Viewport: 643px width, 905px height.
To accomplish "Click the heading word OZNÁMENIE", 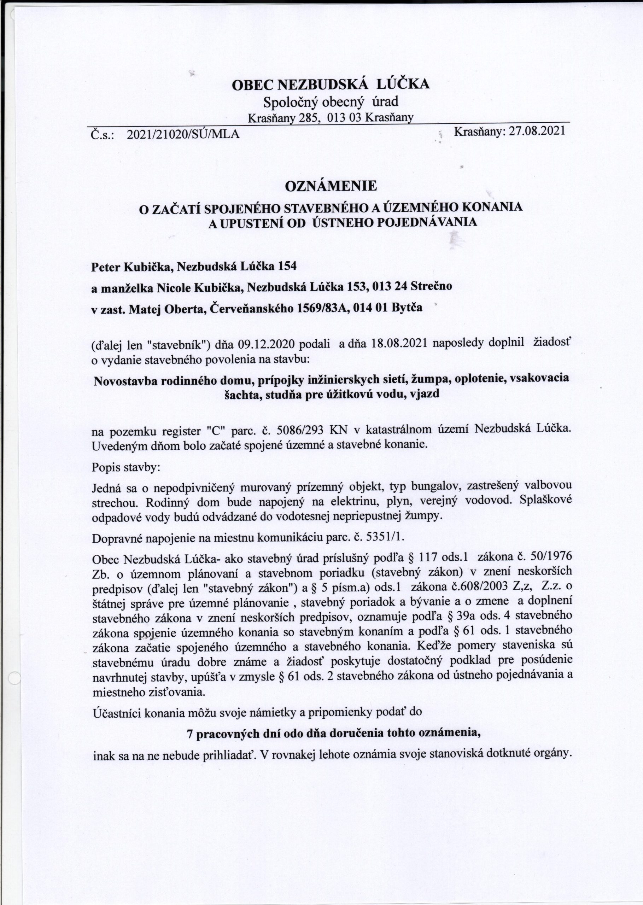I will [331, 186].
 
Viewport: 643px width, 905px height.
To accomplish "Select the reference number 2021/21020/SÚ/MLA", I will [183, 135].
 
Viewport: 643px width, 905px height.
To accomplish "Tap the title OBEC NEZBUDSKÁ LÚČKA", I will [331, 84].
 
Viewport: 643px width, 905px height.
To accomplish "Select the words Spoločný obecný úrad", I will [331, 102].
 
